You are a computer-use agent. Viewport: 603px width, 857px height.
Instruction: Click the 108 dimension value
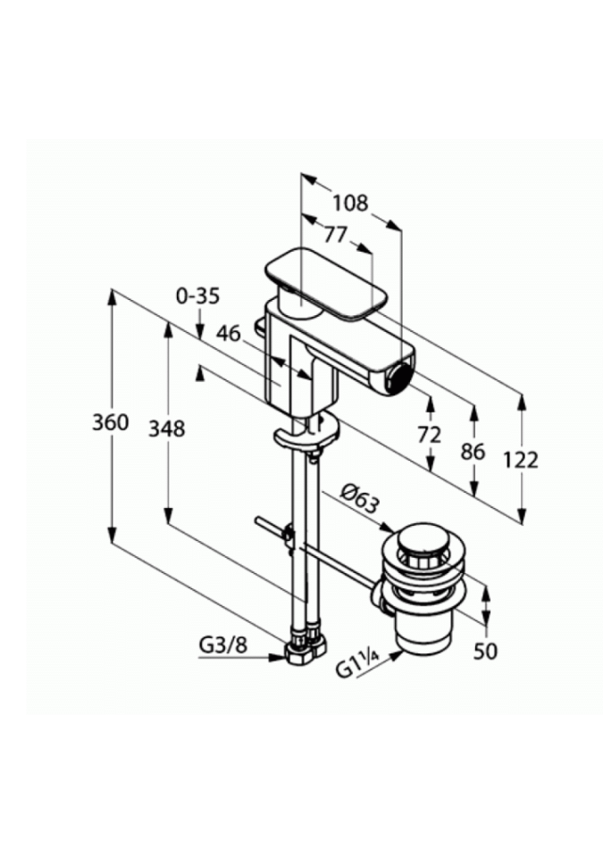click(x=351, y=203)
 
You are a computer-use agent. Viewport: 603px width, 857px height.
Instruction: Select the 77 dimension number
click(x=335, y=235)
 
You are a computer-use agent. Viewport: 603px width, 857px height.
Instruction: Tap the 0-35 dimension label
click(x=197, y=295)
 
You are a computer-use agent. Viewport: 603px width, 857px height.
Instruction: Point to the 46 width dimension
click(x=228, y=333)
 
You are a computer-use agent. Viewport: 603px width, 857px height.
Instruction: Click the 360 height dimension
click(x=111, y=422)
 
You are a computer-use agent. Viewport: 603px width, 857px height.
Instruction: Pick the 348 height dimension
click(x=167, y=428)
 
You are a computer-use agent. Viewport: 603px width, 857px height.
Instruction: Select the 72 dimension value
click(x=429, y=436)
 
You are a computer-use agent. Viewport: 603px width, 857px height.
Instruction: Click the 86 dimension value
click(x=473, y=452)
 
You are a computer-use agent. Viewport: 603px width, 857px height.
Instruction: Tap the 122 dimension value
click(x=521, y=461)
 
